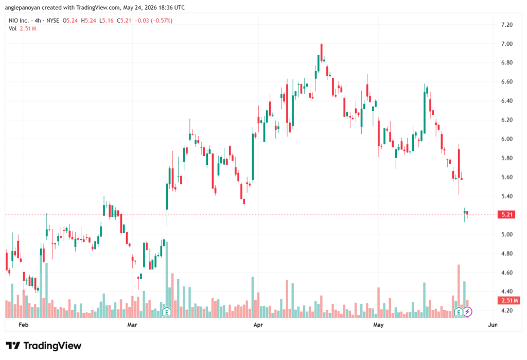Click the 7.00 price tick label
(x=506, y=44)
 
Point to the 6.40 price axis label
(x=506, y=101)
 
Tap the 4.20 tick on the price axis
(x=506, y=311)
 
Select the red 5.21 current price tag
(x=506, y=215)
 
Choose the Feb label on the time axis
(x=24, y=324)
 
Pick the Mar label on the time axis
(x=132, y=324)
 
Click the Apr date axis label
(x=258, y=324)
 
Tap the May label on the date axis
(x=378, y=324)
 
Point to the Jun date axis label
(x=493, y=324)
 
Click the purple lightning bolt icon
(x=467, y=312)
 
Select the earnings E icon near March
(x=167, y=312)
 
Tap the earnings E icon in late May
(x=459, y=312)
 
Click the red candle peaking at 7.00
(x=322, y=53)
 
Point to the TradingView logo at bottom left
(x=44, y=346)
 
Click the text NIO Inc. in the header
(x=19, y=21)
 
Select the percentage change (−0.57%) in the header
(x=162, y=21)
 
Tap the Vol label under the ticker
(x=12, y=29)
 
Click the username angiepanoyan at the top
(x=23, y=7)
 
